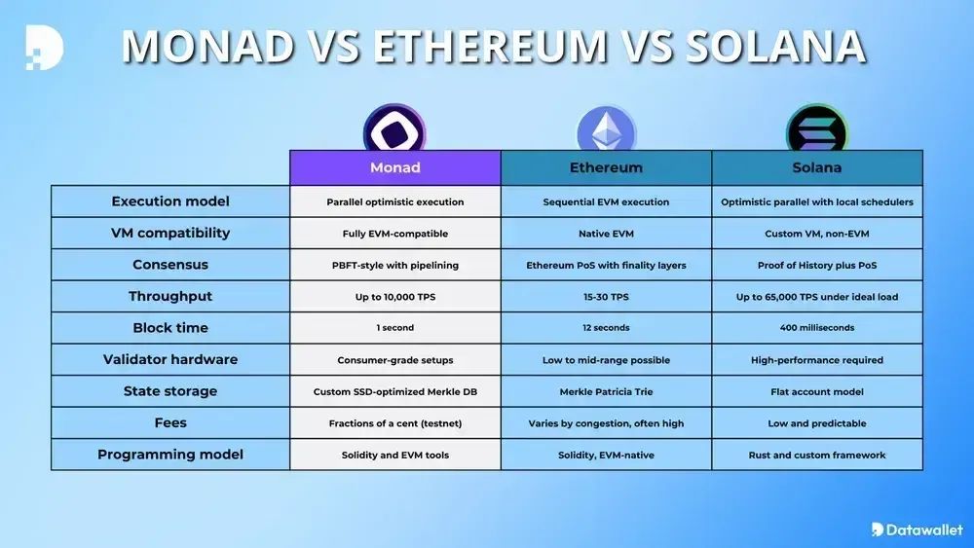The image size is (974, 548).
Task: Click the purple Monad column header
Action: (395, 167)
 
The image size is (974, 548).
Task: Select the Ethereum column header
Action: (606, 167)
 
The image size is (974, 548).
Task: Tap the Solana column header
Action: (817, 167)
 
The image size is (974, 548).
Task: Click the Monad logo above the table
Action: (394, 128)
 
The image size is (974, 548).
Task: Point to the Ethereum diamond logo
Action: (606, 129)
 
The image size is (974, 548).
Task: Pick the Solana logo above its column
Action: (817, 128)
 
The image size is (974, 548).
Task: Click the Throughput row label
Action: (170, 296)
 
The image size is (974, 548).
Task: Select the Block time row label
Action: (170, 328)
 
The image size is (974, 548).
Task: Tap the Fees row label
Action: (170, 422)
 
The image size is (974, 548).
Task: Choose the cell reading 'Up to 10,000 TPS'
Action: (395, 297)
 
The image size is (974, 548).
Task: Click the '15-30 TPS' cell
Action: (606, 297)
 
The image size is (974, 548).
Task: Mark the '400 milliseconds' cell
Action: (817, 328)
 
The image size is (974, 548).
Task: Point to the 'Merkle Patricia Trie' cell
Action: (606, 391)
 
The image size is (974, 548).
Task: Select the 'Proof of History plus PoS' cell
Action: (817, 265)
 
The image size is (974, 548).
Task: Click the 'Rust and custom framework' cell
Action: (817, 455)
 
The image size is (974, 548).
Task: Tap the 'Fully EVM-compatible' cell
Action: (395, 234)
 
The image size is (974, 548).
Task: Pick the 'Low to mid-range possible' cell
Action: (606, 360)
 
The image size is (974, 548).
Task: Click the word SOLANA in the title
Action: (775, 46)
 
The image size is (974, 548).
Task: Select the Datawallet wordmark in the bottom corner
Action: (917, 530)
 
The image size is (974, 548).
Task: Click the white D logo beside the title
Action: (45, 47)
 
